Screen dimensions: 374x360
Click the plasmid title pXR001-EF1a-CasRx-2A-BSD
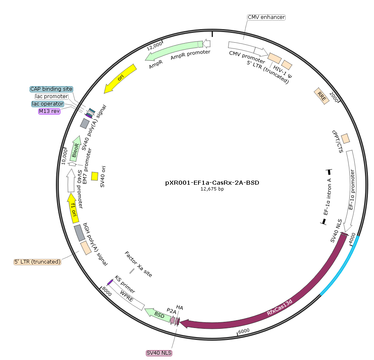pos(212,183)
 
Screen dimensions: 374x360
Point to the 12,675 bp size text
pos(212,189)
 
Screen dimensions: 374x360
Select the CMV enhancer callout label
pos(266,17)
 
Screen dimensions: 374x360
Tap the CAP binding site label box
pos(51,89)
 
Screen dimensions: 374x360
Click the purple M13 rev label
pos(49,111)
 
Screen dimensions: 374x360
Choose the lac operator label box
pos(48,103)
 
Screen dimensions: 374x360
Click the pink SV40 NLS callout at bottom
pos(159,353)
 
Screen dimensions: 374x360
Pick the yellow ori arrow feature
pos(120,78)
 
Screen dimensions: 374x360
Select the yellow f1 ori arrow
pos(73,209)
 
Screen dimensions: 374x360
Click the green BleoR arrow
pos(75,149)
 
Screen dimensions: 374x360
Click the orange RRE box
pos(321,96)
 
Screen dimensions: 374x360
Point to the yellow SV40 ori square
pos(95,176)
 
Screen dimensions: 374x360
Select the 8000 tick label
pos(106,291)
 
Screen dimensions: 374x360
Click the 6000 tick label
pos(244,331)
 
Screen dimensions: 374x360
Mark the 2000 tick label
pos(334,97)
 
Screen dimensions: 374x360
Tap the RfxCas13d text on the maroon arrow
pos(279,307)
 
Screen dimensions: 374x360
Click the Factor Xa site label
pos(139,264)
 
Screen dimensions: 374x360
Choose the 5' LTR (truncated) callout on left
pos(37,262)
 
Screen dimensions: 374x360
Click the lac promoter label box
pos(51,96)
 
